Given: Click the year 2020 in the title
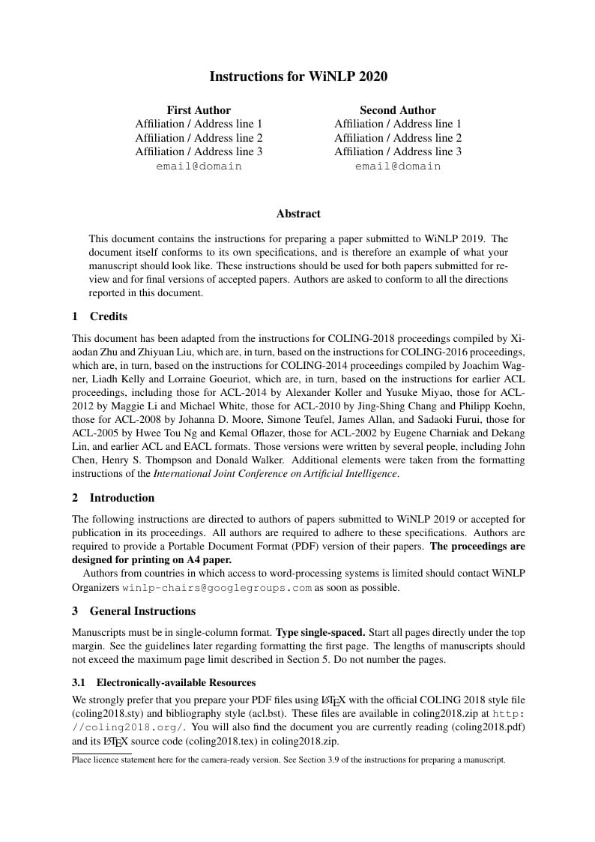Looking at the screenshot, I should click(373, 76).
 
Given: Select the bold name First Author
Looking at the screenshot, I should click(199, 110).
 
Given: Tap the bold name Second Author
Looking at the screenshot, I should click(397, 110).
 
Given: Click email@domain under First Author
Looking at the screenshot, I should click(199, 166).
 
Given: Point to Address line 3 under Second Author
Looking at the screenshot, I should click(427, 151).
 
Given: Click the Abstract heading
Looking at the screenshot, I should click(297, 214).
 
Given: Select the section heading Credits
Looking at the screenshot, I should click(108, 316).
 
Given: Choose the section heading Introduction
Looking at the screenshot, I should click(121, 498).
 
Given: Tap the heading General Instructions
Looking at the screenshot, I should click(142, 611).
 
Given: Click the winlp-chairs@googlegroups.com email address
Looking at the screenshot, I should click(217, 588).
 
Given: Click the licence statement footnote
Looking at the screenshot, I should click(289, 760).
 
